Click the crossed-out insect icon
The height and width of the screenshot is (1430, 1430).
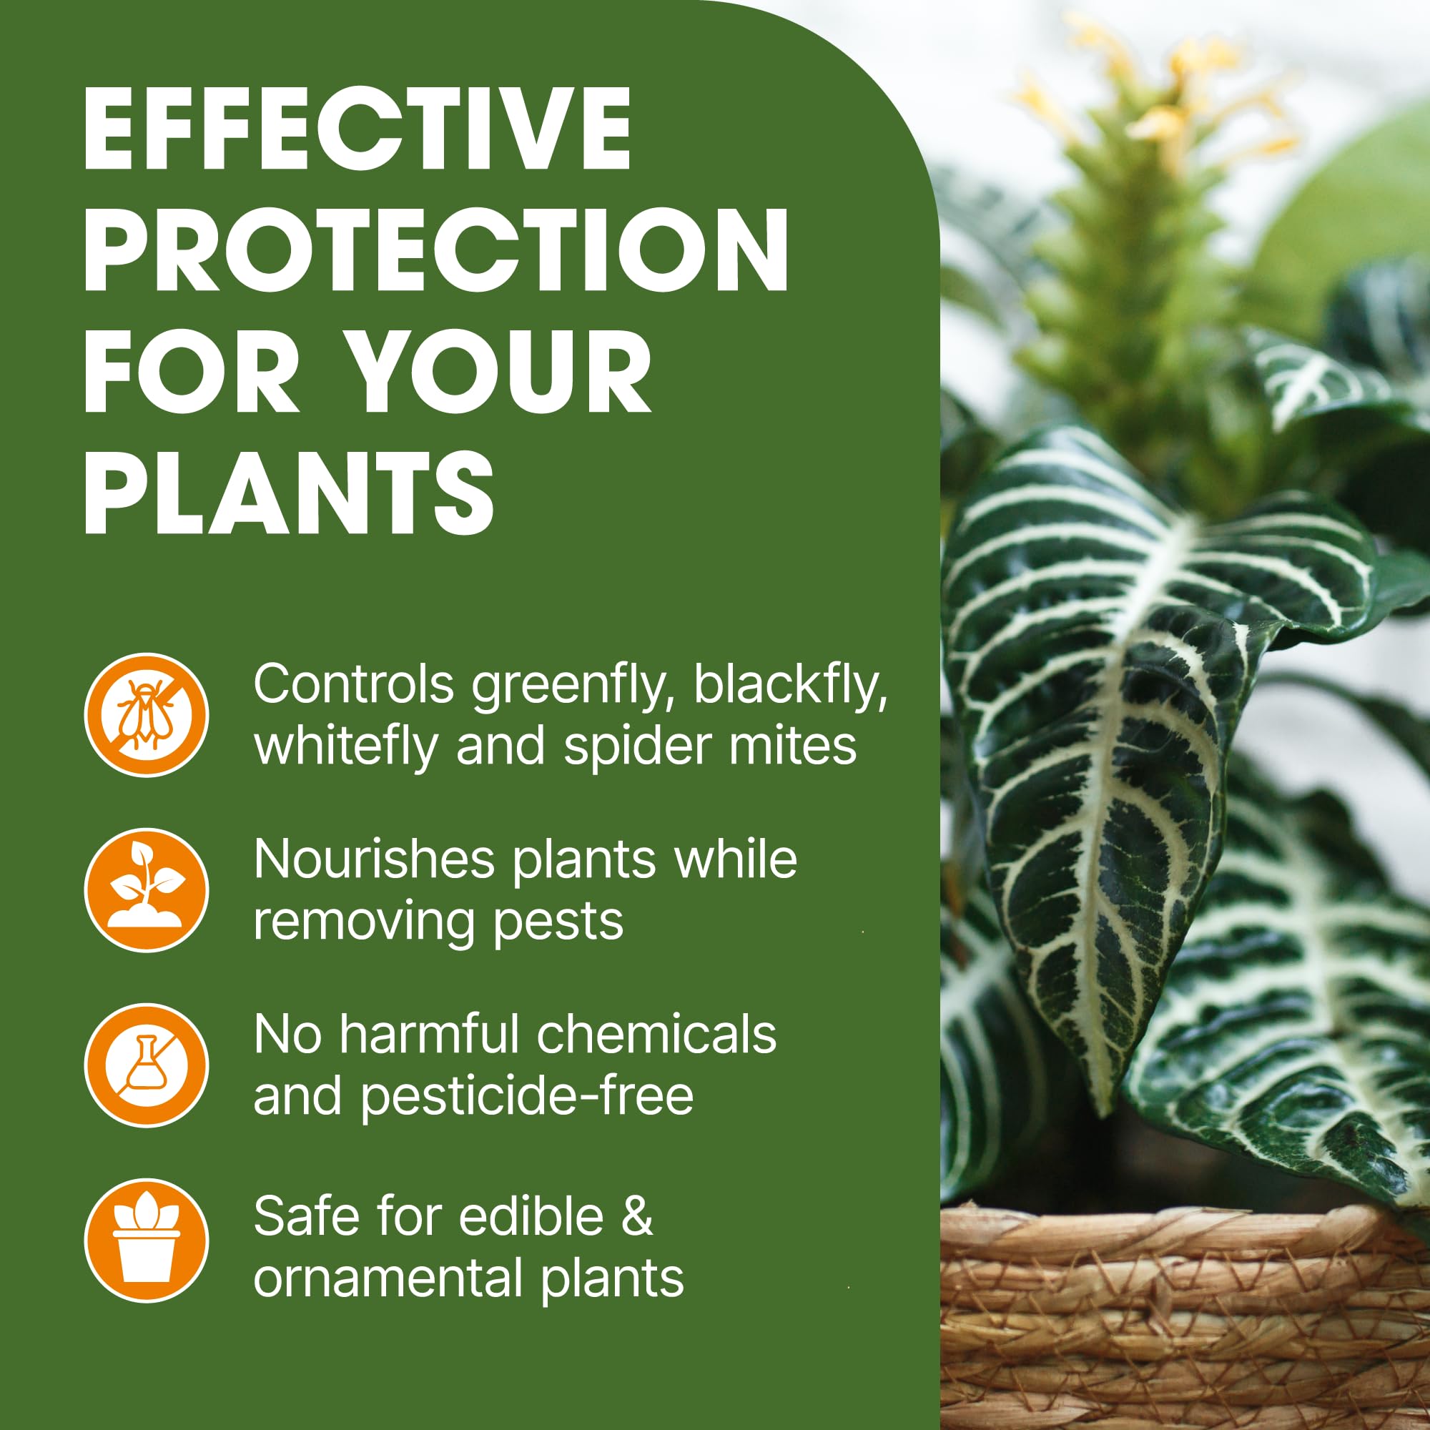[147, 715]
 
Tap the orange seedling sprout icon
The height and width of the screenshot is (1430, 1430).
[147, 889]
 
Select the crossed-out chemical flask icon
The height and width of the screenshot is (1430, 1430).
[147, 1065]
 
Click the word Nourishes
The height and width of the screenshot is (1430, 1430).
[374, 860]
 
